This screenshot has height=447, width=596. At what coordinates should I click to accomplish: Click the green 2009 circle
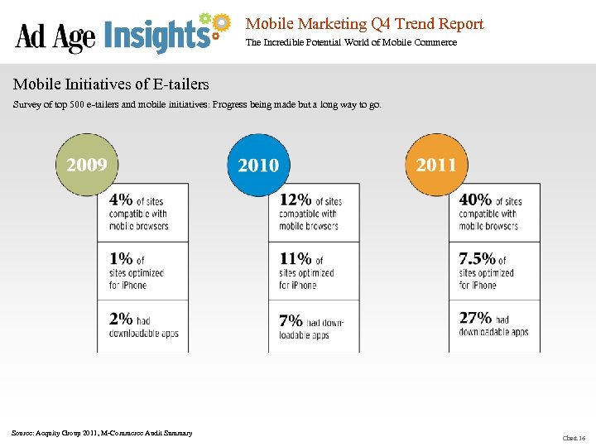click(x=87, y=165)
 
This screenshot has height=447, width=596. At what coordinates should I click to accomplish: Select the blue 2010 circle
click(x=258, y=165)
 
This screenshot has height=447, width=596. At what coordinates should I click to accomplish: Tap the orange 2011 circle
click(x=436, y=165)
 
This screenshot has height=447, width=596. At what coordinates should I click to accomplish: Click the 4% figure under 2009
click(x=121, y=200)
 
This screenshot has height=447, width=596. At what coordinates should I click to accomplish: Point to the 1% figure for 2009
click(x=120, y=259)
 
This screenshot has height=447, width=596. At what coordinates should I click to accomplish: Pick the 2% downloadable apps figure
click(x=121, y=319)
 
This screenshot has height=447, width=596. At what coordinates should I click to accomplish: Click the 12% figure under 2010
click(x=295, y=200)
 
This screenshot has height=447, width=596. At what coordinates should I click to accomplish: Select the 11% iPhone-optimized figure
click(x=295, y=259)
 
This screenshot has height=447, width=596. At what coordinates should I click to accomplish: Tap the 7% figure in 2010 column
click(x=291, y=320)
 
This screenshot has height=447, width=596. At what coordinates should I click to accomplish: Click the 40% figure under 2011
click(x=475, y=200)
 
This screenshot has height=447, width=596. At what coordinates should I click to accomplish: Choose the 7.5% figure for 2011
click(x=478, y=259)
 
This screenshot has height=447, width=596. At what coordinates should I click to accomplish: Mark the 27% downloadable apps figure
click(x=475, y=319)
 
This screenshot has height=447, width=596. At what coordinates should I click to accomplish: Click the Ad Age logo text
click(x=55, y=37)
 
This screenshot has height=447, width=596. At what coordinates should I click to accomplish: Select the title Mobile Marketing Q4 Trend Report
click(x=364, y=24)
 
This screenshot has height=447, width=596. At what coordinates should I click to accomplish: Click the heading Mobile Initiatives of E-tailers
click(x=111, y=84)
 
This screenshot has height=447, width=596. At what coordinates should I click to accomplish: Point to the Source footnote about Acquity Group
click(x=102, y=433)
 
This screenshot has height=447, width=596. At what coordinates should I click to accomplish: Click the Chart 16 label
click(x=574, y=438)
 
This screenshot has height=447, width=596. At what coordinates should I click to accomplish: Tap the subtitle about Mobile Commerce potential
click(x=351, y=42)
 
